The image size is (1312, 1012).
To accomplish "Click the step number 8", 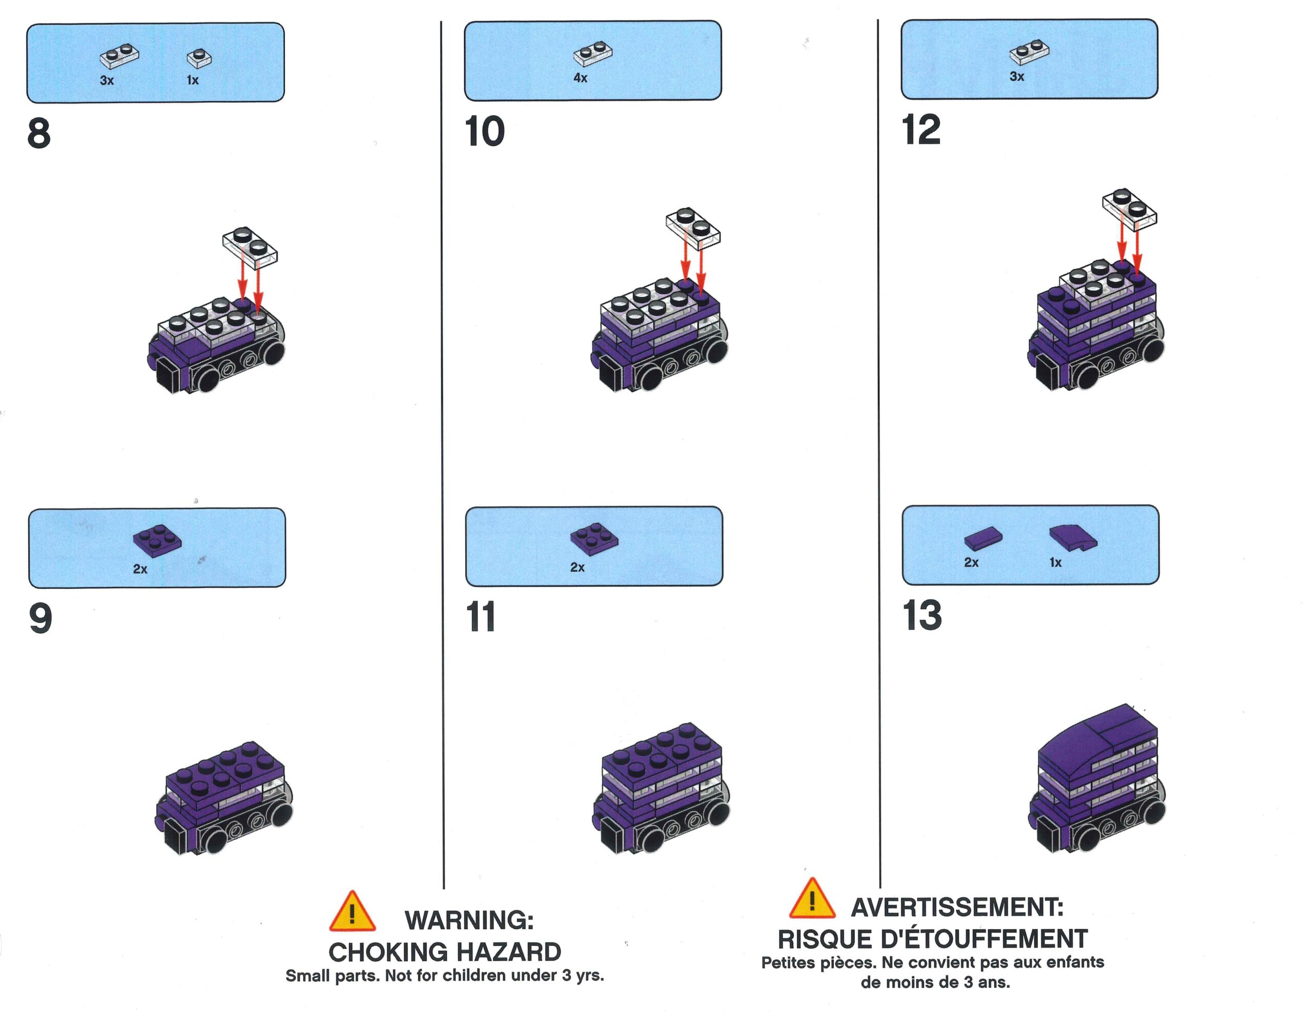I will click(x=39, y=133).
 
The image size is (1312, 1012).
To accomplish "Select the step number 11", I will click(x=481, y=617).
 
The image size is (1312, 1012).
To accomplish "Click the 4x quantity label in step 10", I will click(x=580, y=77).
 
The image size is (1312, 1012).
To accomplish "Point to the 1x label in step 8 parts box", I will click(x=192, y=80).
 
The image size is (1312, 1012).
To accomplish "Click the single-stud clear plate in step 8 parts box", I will click(x=199, y=58).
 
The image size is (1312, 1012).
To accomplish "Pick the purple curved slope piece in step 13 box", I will click(x=1073, y=537).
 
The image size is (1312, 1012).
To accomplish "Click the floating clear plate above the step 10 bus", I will click(x=693, y=228).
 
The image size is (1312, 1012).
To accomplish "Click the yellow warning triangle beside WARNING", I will click(x=353, y=912).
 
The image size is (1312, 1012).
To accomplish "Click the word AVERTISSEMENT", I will click(x=957, y=907).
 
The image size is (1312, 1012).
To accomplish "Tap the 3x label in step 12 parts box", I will click(x=1016, y=76).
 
